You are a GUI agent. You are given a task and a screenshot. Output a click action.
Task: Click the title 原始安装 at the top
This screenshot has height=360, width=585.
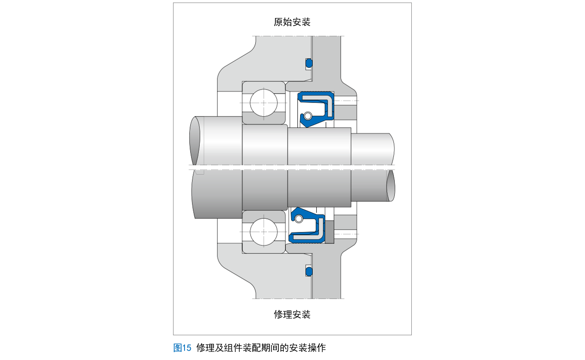pyautogui.click(x=292, y=22)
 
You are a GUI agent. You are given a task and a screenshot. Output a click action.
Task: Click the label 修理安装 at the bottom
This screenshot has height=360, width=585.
pyautogui.click(x=292, y=314)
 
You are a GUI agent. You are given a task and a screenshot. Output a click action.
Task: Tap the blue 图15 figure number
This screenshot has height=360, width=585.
pyautogui.click(x=182, y=348)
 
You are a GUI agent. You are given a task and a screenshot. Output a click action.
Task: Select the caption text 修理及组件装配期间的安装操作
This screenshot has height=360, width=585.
pyautogui.click(x=261, y=348)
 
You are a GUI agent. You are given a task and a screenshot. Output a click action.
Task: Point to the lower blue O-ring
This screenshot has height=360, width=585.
pyautogui.click(x=309, y=271)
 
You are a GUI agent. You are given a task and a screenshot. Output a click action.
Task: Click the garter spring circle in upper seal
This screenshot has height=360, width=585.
pyautogui.click(x=307, y=116)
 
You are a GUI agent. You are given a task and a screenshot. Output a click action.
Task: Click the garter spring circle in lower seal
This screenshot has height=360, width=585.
pyautogui.click(x=298, y=219)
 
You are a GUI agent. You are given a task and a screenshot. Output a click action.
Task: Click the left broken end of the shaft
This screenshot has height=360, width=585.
pyautogui.click(x=195, y=141)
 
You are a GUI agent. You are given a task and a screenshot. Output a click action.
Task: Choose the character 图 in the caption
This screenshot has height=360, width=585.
pyautogui.click(x=177, y=348)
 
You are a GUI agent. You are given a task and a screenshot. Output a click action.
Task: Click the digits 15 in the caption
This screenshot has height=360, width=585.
pyautogui.click(x=187, y=348)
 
